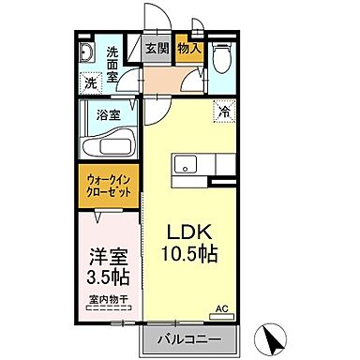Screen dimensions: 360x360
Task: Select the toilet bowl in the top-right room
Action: [x=219, y=59]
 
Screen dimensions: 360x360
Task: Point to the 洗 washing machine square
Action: [x=90, y=82]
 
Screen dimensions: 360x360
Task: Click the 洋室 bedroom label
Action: [x=103, y=257]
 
